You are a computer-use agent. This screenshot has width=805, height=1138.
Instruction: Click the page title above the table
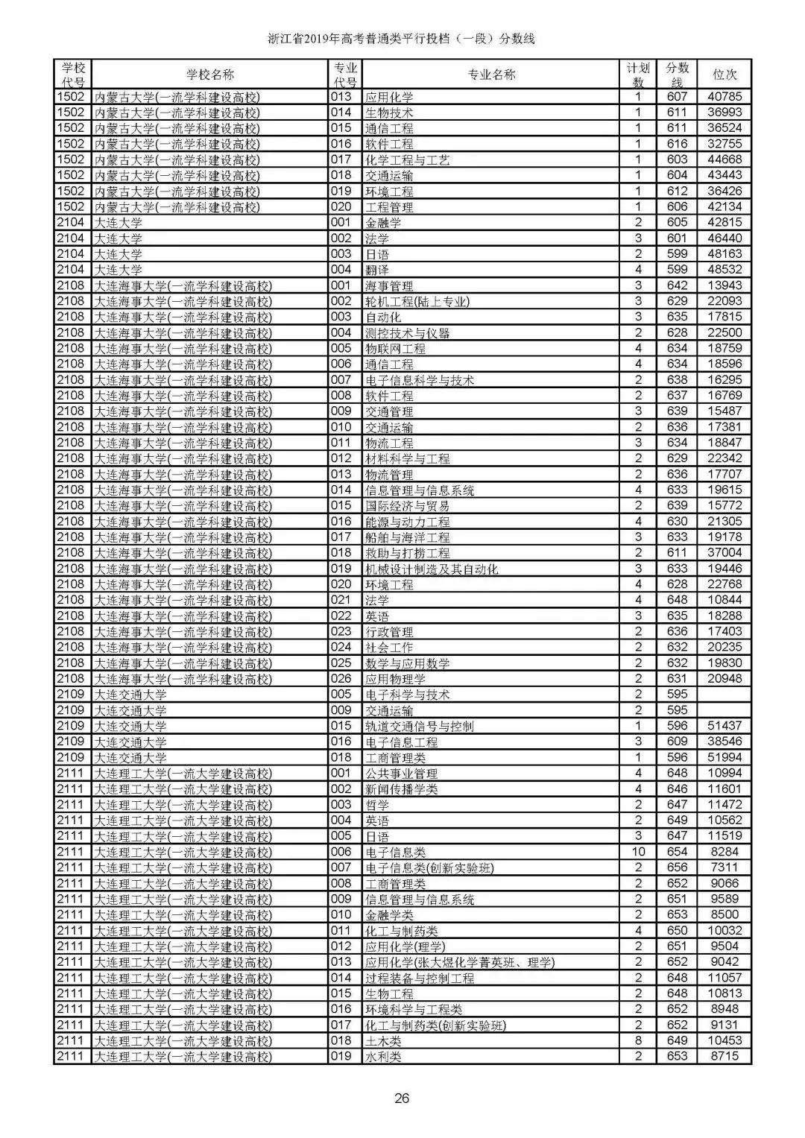pyautogui.click(x=402, y=39)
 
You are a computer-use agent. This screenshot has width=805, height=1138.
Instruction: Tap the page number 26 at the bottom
pyautogui.click(x=402, y=1098)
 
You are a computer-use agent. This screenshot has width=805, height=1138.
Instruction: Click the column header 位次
pyautogui.click(x=724, y=75)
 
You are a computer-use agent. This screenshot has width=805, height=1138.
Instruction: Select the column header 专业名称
pyautogui.click(x=491, y=75)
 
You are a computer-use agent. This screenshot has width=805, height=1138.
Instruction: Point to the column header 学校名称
pyautogui.click(x=209, y=75)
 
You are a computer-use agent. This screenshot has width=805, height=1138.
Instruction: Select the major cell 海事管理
pyautogui.click(x=388, y=286)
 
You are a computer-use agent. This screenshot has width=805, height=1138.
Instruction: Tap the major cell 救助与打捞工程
pyautogui.click(x=407, y=553)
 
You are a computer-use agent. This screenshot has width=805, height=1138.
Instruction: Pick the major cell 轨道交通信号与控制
pyautogui.click(x=419, y=726)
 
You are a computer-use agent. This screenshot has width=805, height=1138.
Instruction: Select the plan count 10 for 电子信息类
pyautogui.click(x=638, y=852)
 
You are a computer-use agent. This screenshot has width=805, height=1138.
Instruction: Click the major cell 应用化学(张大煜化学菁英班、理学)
pyautogui.click(x=459, y=962)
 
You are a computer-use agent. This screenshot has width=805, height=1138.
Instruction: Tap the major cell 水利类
pyautogui.click(x=382, y=1057)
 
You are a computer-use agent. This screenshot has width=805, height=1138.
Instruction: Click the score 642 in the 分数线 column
pyautogui.click(x=677, y=286)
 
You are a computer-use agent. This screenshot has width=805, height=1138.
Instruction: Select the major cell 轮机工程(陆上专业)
pyautogui.click(x=417, y=302)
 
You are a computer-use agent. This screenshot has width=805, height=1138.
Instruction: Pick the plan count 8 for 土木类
pyautogui.click(x=638, y=1040)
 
